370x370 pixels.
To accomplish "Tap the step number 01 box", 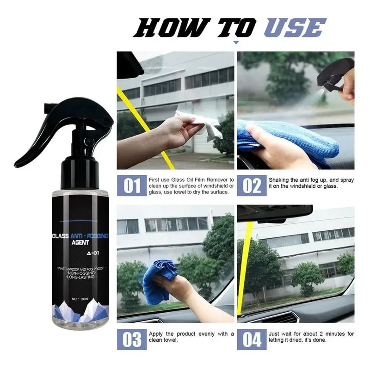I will click(x=131, y=185).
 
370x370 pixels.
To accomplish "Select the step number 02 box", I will click(x=252, y=185).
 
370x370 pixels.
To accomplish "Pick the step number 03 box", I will click(x=131, y=339).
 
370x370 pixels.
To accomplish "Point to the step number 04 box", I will click(x=252, y=339).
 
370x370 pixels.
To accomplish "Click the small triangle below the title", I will click(x=236, y=43).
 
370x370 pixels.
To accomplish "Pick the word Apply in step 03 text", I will click(x=158, y=333).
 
